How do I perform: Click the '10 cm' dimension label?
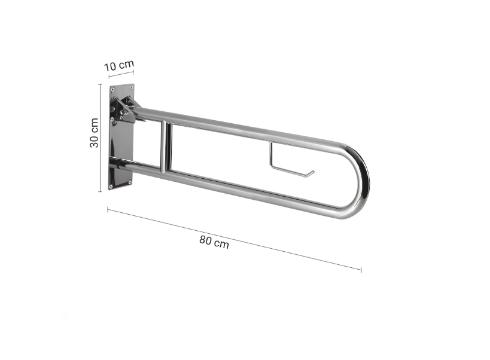pyautogui.click(x=118, y=65)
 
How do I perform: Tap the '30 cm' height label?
pyautogui.click(x=94, y=133)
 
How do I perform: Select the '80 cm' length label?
pyautogui.click(x=214, y=242)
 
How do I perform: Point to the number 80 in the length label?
pyautogui.click(x=206, y=240)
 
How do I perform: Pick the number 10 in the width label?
pyautogui.click(x=110, y=67)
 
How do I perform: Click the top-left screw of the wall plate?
pyautogui.click(x=112, y=89)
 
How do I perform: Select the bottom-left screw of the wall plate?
pyautogui.click(x=111, y=187)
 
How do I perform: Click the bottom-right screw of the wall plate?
pyautogui.click(x=130, y=182)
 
